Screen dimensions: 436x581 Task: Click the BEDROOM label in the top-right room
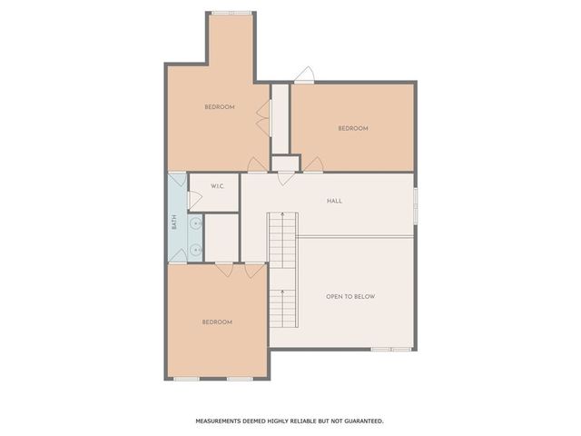(353, 128)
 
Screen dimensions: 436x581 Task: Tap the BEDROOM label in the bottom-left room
(217, 322)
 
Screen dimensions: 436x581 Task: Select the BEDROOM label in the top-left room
(220, 107)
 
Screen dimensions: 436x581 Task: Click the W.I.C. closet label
(218, 186)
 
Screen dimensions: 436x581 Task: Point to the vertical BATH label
(175, 221)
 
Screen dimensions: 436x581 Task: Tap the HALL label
(334, 201)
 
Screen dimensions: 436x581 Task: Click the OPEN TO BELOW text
(350, 297)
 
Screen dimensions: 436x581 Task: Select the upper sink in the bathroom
(194, 221)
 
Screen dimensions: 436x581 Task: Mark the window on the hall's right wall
(416, 203)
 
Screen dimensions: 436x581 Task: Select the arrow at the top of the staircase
(282, 219)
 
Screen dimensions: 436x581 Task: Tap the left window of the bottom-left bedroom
(187, 378)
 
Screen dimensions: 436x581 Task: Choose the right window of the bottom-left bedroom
(239, 378)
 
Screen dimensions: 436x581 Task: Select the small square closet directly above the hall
(285, 163)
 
